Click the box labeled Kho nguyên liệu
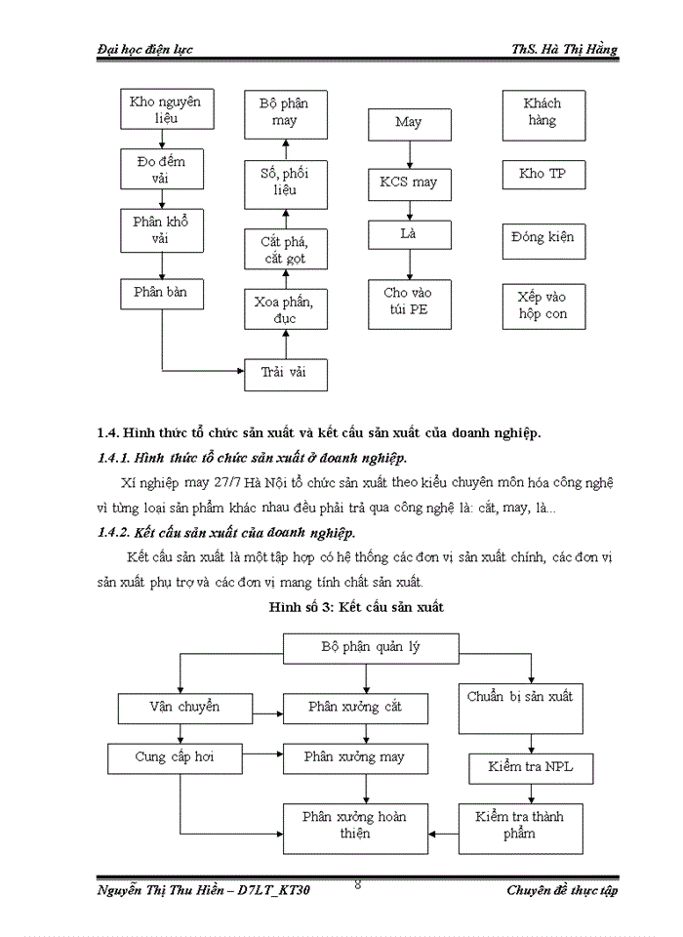(160, 110)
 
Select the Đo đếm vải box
(160, 168)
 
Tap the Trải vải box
(285, 373)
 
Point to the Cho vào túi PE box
(409, 301)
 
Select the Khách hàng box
(542, 111)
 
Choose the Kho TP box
(542, 174)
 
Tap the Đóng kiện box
(542, 237)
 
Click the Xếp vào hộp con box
(542, 305)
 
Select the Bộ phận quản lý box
(365, 647)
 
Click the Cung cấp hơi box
(175, 756)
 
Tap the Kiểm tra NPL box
(530, 767)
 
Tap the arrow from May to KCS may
(409, 153)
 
